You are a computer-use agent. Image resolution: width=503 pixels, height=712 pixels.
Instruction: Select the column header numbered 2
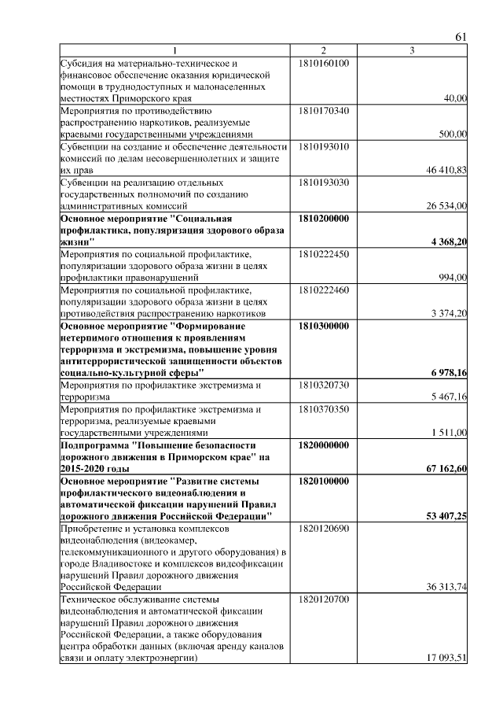tap(323, 51)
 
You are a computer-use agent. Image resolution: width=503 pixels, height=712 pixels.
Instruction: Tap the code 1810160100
tap(324, 62)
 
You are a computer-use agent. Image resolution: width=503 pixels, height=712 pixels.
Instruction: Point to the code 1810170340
tap(324, 111)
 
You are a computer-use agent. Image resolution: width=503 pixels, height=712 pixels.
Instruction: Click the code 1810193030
tap(324, 183)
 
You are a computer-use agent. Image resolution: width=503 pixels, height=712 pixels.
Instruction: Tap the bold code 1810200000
tap(324, 219)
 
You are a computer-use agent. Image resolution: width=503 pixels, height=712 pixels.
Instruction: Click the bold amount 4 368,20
tap(449, 242)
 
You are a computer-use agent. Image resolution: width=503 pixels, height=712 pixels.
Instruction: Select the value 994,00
tap(452, 278)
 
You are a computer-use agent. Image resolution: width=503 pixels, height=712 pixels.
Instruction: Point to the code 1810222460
tap(324, 290)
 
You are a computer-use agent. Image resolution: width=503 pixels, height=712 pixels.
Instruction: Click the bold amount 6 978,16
tap(449, 372)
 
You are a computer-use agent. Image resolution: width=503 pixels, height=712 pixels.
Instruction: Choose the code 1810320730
tap(324, 385)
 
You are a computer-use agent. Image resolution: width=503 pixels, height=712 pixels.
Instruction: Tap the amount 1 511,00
tap(449, 433)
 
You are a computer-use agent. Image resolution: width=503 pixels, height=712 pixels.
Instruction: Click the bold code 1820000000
tap(324, 445)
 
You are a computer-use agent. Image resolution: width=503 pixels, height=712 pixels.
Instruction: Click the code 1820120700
tap(324, 599)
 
